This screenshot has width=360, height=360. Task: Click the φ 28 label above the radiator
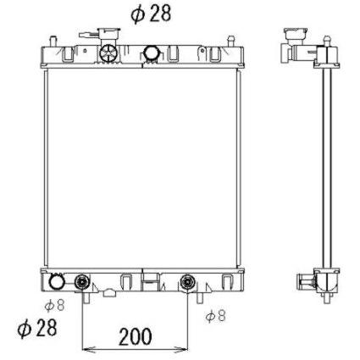[151, 14]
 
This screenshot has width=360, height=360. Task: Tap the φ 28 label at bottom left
[37, 329]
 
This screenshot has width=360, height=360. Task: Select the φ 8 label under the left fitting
[55, 306]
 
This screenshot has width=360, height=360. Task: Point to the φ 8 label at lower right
[216, 316]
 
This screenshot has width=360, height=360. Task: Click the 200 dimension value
[136, 337]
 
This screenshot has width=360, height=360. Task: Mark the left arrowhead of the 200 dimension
[87, 350]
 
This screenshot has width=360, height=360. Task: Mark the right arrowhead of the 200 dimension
[181, 350]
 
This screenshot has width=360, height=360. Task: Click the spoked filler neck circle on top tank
[108, 53]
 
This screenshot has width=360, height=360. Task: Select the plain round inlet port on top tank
[152, 53]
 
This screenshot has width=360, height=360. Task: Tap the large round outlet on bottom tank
[57, 281]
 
